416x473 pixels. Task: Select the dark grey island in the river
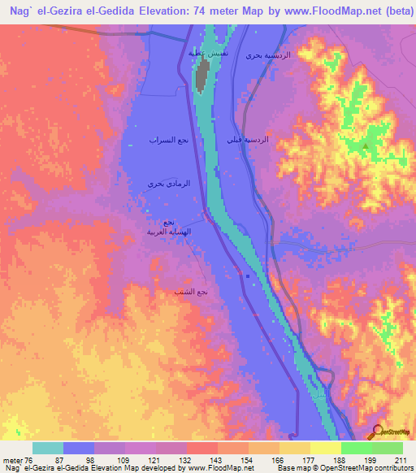(200, 76)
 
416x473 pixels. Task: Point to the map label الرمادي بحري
(167, 184)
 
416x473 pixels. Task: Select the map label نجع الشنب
(191, 291)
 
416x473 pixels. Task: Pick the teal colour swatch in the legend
(48, 448)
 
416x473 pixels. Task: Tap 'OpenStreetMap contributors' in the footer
(366, 469)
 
